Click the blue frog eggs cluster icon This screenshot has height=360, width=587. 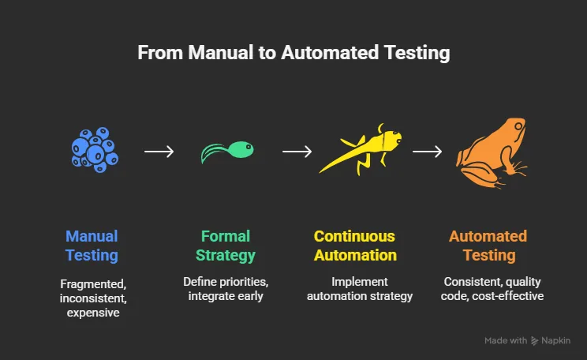click(x=95, y=150)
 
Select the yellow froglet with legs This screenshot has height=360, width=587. click(x=360, y=150)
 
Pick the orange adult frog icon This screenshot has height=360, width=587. click(x=492, y=153)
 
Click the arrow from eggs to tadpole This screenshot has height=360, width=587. click(x=159, y=152)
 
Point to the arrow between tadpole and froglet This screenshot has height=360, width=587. click(x=297, y=152)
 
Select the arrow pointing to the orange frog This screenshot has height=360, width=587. click(x=427, y=152)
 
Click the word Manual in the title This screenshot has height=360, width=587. click(x=221, y=52)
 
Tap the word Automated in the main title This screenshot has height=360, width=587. click(x=330, y=52)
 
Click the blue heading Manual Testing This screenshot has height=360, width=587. click(x=92, y=246)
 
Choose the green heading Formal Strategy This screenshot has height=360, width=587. click(x=226, y=246)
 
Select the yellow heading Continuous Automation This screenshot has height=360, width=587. click(x=355, y=246)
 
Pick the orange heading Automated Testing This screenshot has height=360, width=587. click(x=488, y=246)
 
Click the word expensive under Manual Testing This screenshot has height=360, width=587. click(x=93, y=313)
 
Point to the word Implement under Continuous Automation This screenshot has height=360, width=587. click(x=360, y=282)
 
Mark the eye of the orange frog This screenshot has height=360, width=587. click(x=518, y=126)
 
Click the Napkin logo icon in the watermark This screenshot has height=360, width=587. click(x=535, y=341)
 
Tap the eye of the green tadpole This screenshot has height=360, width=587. click(x=248, y=147)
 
